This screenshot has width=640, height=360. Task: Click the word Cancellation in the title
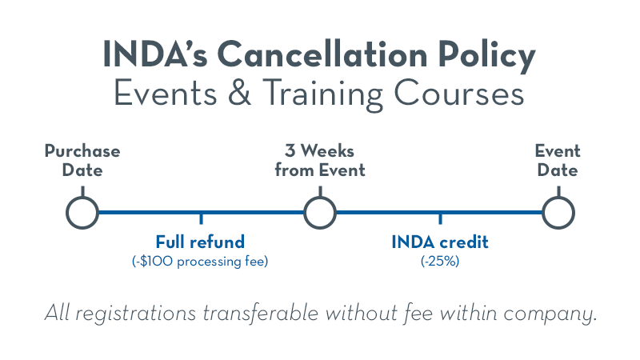coord(322,54)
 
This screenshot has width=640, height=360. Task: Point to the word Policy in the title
coord(486,57)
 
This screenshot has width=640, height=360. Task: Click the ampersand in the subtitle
coord(239,93)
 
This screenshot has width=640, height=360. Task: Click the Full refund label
coord(200,242)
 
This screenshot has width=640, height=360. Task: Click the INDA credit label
coord(439,242)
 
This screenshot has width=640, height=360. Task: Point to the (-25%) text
coord(440,262)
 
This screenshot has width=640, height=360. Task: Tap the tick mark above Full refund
coord(201,218)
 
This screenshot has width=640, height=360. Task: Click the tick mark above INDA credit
coord(440,218)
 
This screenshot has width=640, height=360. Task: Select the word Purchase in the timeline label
coord(82,151)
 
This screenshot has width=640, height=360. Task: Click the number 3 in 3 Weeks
coord(290,151)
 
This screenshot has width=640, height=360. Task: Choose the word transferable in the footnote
coord(261,314)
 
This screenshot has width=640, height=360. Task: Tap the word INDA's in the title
coord(155,54)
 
